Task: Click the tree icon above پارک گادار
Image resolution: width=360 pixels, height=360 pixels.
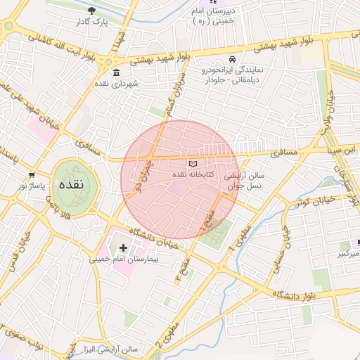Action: coord(93,11)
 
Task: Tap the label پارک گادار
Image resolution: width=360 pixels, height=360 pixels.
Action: coord(93,22)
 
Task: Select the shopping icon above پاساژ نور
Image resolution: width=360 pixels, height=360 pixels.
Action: coord(31,174)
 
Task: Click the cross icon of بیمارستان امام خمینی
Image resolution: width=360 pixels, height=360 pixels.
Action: coord(124,247)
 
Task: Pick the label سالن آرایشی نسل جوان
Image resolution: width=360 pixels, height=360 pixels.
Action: coord(244,180)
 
